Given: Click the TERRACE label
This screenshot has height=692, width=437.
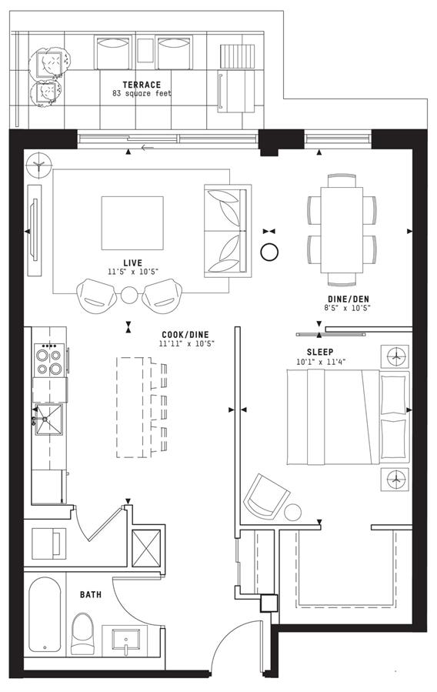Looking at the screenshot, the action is click(142, 85).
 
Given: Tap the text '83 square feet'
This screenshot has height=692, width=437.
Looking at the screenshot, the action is click(142, 94).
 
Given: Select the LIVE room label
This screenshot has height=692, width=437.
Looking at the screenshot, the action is click(133, 263).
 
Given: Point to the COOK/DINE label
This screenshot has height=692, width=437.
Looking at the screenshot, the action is click(185, 335).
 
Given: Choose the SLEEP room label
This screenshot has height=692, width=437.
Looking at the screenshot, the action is click(320, 353).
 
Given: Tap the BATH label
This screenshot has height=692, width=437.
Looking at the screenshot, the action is click(91, 594).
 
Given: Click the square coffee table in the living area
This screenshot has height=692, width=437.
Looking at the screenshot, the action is click(132, 223).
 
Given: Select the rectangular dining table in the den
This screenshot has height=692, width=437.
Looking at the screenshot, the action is click(342, 230).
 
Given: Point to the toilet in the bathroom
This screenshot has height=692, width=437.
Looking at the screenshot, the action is click(82, 633).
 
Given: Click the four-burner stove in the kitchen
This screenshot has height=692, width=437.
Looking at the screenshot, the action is click(49, 360).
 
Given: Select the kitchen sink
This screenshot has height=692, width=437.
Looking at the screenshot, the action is click(48, 419).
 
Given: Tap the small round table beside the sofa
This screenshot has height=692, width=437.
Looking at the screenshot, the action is click(269, 252).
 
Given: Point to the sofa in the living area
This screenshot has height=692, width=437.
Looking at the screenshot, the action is click(228, 231).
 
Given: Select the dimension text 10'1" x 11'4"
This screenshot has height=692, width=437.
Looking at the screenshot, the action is click(321, 362).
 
